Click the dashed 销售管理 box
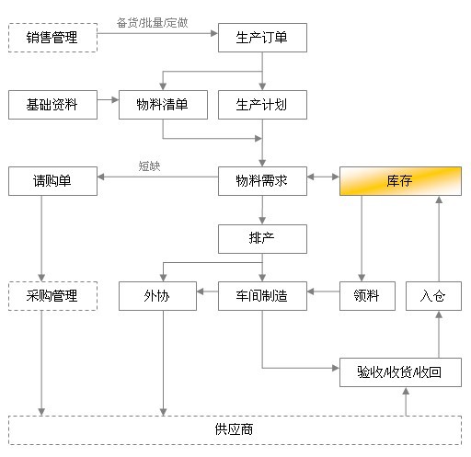52,38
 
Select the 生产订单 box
262,38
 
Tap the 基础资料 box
52,105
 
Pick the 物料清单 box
163,105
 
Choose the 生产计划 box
262,105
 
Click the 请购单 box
52,181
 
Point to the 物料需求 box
262,181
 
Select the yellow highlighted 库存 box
400,181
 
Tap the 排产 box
262,239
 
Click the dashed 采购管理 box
52,296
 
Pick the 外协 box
157,296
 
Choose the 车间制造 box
262,296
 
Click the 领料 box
367,296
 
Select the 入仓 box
433,296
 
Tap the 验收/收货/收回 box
400,372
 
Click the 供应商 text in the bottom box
234,429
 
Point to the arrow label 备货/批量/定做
152,23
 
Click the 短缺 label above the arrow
149,166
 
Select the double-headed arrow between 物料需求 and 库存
323,177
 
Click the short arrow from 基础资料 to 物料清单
108,99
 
